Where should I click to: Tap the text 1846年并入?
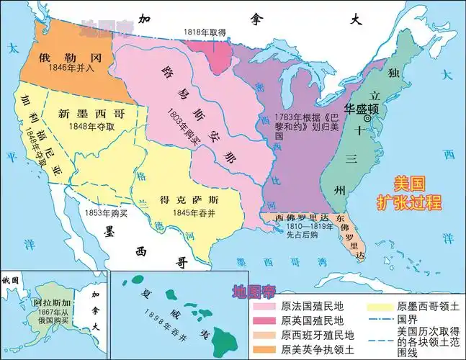point(58,71)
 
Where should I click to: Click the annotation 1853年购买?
point(103,212)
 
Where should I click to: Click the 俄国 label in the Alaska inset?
point(10,279)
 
